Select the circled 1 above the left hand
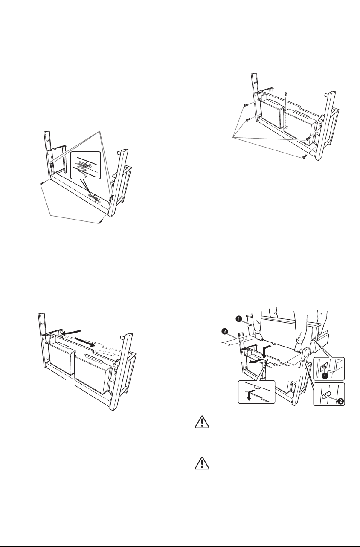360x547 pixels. pyautogui.click(x=239, y=318)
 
